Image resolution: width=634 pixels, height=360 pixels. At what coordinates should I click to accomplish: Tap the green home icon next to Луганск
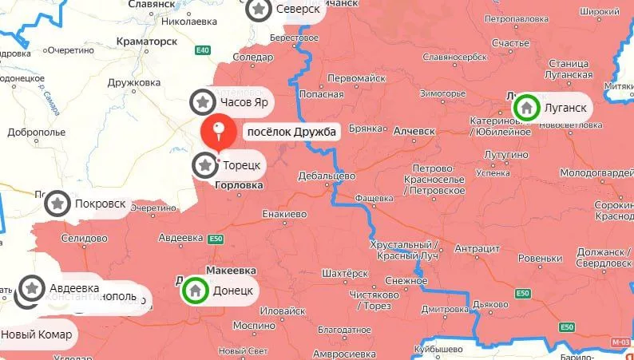[526, 107]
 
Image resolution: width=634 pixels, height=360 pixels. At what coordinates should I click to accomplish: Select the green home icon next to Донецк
[194, 291]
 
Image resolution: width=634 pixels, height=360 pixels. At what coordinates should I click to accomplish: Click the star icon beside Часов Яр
[203, 102]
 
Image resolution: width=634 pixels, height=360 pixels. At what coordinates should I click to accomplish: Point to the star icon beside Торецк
[205, 165]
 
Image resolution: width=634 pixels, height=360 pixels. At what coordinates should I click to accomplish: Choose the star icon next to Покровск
[57, 204]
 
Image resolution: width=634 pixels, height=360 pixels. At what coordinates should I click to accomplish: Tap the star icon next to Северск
[258, 10]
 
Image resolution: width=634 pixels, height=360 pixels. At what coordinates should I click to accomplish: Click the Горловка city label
[237, 185]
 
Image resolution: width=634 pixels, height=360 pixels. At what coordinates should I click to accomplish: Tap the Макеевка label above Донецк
[229, 271]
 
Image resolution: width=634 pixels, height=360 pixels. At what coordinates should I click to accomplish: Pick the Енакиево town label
[284, 214]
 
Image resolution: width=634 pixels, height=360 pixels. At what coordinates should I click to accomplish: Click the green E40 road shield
[204, 50]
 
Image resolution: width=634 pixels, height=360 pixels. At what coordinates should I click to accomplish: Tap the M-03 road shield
[620, 342]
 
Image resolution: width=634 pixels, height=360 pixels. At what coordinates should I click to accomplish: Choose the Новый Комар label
[37, 334]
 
